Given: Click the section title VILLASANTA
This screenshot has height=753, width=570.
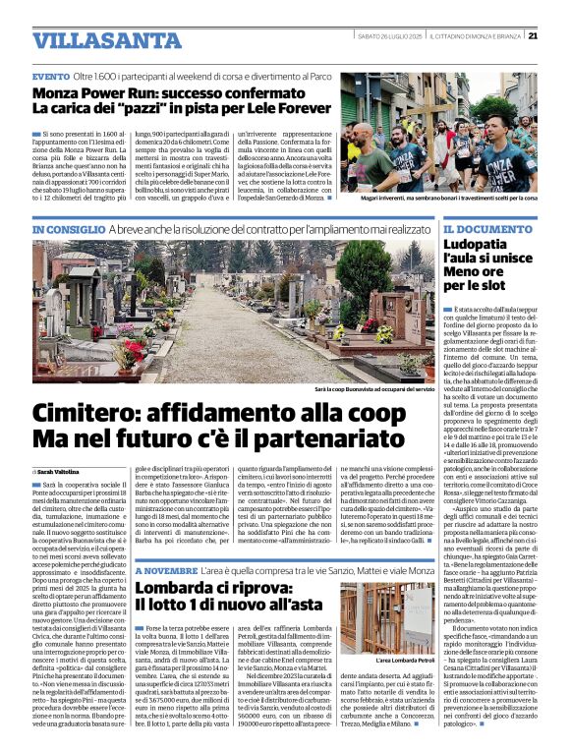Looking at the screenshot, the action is coord(94,40).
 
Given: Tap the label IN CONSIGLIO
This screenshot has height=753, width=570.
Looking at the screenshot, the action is coord(68,229).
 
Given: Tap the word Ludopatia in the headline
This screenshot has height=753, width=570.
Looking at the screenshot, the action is coord(482,247).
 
